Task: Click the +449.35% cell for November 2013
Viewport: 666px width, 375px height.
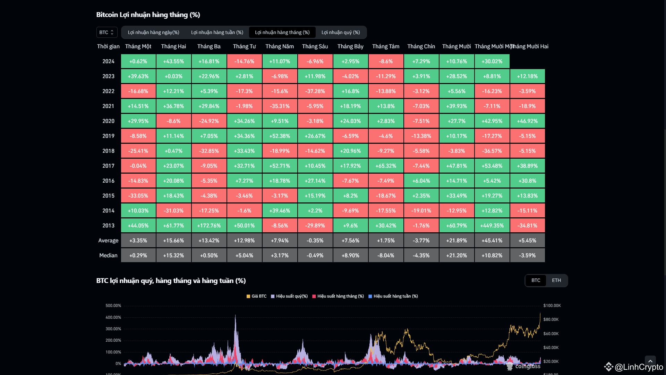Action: (492, 226)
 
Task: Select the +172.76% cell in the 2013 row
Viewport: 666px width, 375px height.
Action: (209, 226)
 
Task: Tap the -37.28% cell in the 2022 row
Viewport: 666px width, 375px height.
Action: (315, 91)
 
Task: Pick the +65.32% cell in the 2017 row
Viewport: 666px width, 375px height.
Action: (386, 166)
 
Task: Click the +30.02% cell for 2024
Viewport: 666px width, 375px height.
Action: (492, 61)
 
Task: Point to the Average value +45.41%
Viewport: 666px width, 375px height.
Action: (492, 241)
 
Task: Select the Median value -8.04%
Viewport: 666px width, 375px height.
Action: (386, 256)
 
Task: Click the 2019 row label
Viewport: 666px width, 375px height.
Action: (108, 136)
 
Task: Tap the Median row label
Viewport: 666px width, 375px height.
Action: (108, 256)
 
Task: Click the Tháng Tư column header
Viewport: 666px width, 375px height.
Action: (244, 47)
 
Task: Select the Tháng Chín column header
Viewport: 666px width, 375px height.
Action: (421, 47)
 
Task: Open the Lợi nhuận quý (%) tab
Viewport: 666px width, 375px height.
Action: (341, 32)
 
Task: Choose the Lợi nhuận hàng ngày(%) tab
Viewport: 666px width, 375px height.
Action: (153, 32)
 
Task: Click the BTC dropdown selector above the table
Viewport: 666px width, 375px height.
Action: (106, 32)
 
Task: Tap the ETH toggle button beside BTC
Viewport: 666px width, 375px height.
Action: (556, 281)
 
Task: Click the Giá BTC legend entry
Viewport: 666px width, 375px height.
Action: (257, 296)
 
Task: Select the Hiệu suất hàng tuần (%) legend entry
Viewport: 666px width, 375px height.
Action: (393, 296)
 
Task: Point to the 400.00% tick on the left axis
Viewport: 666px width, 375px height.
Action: (113, 317)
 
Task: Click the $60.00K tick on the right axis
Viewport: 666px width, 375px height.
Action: (551, 334)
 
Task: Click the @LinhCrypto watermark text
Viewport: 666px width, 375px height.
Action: (639, 367)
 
